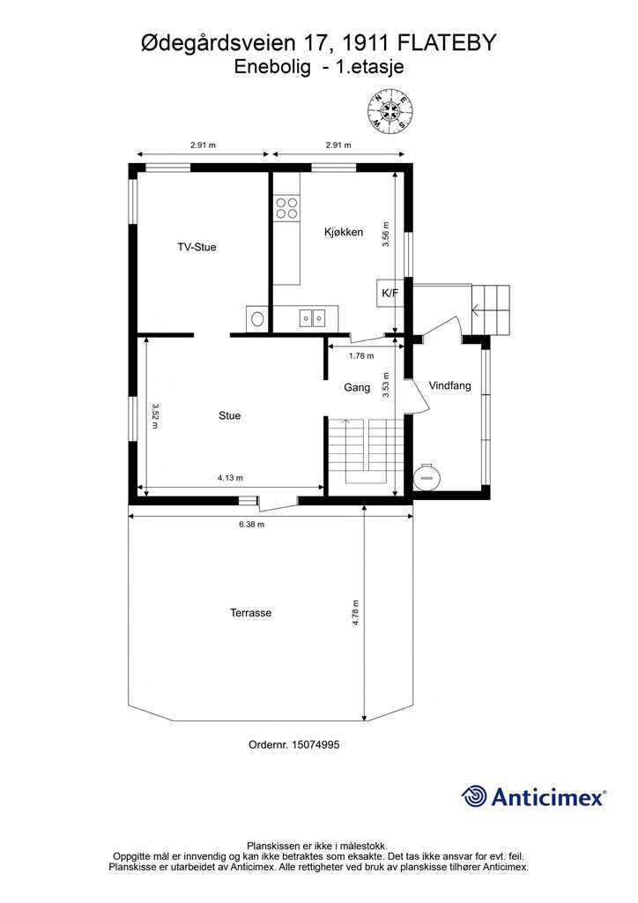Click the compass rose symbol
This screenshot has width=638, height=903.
click(390, 111)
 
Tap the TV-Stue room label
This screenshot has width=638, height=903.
click(197, 247)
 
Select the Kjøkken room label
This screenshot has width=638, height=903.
click(344, 232)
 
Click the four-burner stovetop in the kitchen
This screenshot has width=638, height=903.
click(286, 208)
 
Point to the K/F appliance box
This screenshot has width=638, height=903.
click(390, 293)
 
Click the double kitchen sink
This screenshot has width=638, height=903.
click(312, 317)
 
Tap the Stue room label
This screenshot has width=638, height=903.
click(229, 415)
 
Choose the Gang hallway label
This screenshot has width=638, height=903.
click(357, 388)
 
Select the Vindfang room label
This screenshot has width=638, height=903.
click(450, 385)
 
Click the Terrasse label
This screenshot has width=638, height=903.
click(251, 613)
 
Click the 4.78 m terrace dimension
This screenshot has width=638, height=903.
click(356, 613)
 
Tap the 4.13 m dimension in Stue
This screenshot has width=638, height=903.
click(230, 477)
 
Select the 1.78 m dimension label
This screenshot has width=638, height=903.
click(361, 356)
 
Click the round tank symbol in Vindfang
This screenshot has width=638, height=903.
click(427, 476)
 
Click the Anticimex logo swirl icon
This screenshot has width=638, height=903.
click(474, 796)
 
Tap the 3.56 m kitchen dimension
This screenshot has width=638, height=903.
click(387, 235)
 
